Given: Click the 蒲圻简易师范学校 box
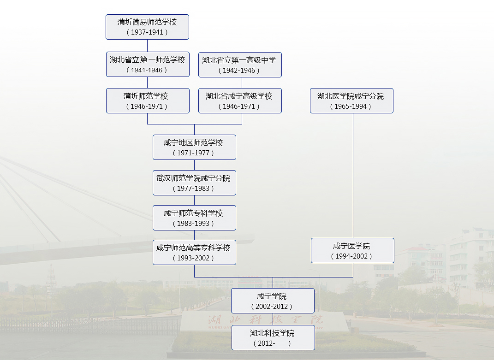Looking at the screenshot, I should [147, 27].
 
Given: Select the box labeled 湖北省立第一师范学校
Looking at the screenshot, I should [148, 64].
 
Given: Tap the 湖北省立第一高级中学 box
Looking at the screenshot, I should [240, 65].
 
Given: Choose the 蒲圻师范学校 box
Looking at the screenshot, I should [148, 100].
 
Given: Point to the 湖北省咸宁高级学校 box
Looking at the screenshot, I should [240, 100].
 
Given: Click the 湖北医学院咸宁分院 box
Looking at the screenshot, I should [351, 100].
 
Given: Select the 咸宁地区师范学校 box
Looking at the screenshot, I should [194, 147].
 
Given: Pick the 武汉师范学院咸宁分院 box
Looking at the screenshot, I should [194, 183].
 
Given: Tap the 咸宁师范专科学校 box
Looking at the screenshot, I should [194, 218].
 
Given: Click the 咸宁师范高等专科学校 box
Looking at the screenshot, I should [194, 252].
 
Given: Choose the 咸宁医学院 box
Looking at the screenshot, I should [352, 250].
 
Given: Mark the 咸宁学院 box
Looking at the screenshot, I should [273, 301].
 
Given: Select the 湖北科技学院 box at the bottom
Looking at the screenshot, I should [273, 337].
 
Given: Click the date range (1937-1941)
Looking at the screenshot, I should [147, 32].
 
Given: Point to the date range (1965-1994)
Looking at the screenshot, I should [351, 106].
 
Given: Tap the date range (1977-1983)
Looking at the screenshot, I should [194, 189].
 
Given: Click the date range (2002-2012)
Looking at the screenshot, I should [272, 307].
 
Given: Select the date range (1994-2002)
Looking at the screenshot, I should [352, 256].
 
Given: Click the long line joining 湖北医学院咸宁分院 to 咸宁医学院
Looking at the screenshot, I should [353, 175].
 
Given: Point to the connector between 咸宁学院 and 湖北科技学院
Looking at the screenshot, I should [273, 319].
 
